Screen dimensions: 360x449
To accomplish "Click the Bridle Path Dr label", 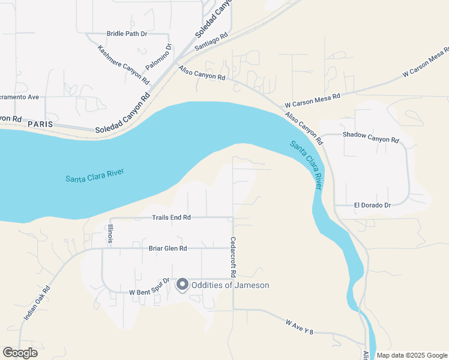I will [127, 34].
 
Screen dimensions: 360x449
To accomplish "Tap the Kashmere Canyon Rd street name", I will [123, 64].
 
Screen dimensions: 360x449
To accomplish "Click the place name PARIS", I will [40, 124].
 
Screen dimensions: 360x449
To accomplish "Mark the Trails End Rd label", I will [171, 217].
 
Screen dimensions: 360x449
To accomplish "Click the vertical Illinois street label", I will [110, 234].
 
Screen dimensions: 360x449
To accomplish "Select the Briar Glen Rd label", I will [167, 248].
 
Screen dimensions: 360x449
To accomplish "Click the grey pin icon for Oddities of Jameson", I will [182, 286].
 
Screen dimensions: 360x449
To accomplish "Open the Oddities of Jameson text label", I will [231, 286].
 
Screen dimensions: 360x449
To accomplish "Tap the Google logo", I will [20, 353].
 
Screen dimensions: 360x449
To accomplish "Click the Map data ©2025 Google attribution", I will [412, 355].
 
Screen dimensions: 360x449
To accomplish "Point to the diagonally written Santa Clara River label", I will [307, 166].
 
